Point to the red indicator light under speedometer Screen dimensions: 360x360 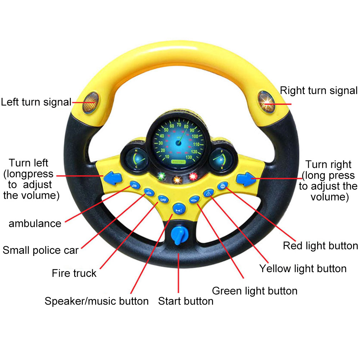click(x=193, y=177)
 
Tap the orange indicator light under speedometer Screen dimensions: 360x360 click(x=177, y=179)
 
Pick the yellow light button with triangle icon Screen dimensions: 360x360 click(x=208, y=194)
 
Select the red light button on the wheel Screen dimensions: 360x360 click(x=222, y=186)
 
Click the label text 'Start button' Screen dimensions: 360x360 click(x=185, y=301)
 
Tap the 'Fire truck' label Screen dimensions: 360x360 click(x=74, y=273)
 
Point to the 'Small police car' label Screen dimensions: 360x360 click(x=40, y=250)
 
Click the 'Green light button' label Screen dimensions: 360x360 click(x=255, y=291)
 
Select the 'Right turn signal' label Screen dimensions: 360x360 click(x=319, y=90)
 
